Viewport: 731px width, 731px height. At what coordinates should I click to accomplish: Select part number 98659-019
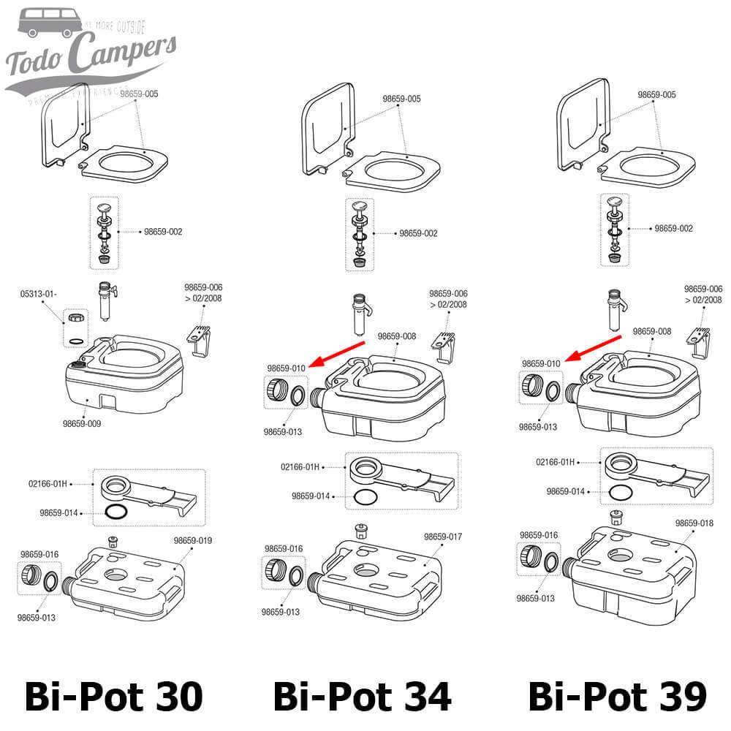pyautogui.click(x=194, y=540)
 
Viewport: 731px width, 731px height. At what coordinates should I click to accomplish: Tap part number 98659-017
pyautogui.click(x=444, y=537)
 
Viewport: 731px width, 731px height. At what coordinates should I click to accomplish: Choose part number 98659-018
pyautogui.click(x=694, y=523)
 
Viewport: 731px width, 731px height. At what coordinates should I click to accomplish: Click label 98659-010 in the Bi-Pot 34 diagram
pyautogui.click(x=286, y=368)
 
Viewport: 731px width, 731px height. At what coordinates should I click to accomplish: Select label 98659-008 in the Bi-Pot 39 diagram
pyautogui.click(x=651, y=331)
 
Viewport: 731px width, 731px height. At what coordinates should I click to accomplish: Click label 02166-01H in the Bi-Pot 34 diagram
pyautogui.click(x=300, y=466)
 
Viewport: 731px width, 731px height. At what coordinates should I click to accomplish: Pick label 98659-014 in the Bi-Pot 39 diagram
pyautogui.click(x=566, y=491)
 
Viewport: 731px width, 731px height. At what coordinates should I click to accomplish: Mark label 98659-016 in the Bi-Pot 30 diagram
pyautogui.click(x=39, y=554)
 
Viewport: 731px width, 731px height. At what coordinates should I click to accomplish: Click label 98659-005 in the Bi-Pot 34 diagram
pyautogui.click(x=402, y=99)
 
